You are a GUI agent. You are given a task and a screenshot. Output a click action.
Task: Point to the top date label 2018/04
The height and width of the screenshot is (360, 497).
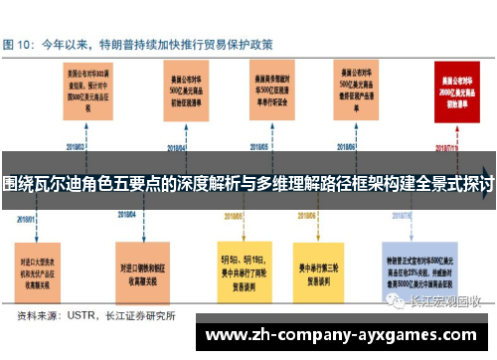coord(176,148)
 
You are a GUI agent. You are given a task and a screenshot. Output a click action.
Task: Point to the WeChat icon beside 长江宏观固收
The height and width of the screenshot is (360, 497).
coord(396,274)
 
